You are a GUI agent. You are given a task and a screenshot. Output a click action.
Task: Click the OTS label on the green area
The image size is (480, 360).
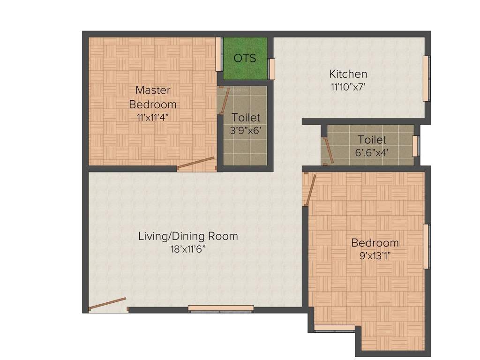click(245, 58)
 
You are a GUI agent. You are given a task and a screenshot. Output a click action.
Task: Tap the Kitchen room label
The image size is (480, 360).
click(348, 74)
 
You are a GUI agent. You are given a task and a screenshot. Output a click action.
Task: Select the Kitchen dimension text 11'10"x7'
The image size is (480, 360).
click(348, 86)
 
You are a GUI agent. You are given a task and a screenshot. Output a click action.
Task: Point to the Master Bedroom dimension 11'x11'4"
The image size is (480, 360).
click(153, 117)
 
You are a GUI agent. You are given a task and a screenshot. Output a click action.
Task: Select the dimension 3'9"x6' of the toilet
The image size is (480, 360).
click(245, 131)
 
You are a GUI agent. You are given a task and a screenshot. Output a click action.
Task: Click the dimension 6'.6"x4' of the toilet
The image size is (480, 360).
click(372, 152)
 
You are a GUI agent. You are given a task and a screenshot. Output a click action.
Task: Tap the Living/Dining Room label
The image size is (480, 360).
click(187, 236)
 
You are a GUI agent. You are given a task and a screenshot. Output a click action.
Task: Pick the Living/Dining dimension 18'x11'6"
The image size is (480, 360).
click(187, 249)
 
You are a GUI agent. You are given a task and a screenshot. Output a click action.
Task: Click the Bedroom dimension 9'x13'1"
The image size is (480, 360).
click(375, 256)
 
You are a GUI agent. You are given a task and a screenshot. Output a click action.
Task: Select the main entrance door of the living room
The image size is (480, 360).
click(107, 304)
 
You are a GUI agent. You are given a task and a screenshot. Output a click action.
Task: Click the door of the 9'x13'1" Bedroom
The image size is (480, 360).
click(310, 190)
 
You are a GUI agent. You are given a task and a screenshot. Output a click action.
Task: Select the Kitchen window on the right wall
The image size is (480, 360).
click(426, 78)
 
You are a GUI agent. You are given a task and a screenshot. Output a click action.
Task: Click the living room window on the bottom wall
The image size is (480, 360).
click(221, 308)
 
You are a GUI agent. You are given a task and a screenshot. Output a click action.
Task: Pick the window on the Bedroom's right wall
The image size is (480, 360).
click(426, 247)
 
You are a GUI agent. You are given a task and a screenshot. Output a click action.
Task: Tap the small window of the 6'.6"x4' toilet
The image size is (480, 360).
click(415, 146)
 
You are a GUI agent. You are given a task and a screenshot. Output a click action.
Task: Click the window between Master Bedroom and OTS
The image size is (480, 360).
click(218, 54)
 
